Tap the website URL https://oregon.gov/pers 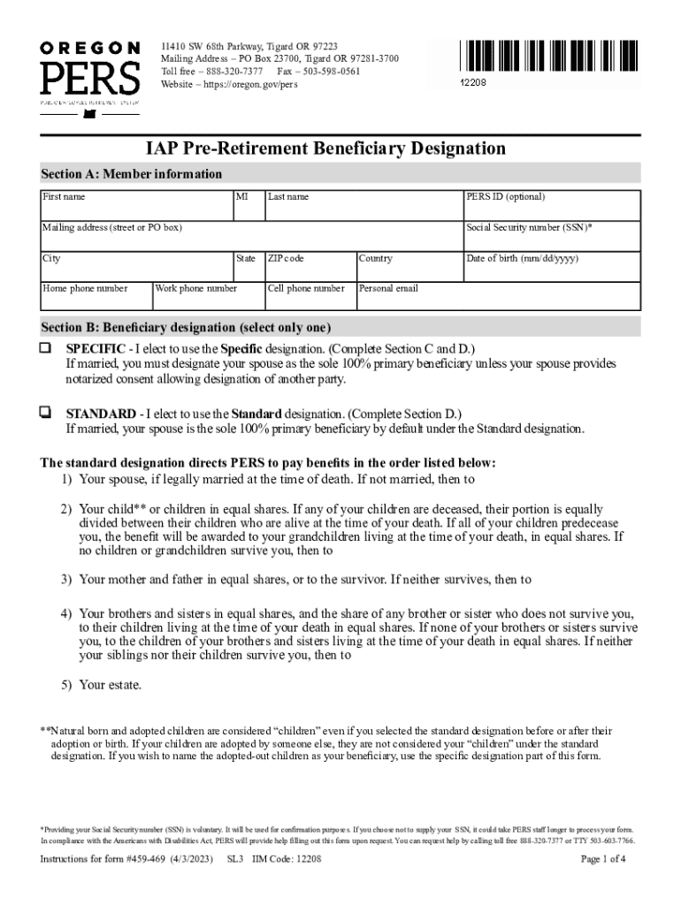248,84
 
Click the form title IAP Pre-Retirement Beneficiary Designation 325,148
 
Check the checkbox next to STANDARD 45,413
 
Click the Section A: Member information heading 132,174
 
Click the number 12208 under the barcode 473,82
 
